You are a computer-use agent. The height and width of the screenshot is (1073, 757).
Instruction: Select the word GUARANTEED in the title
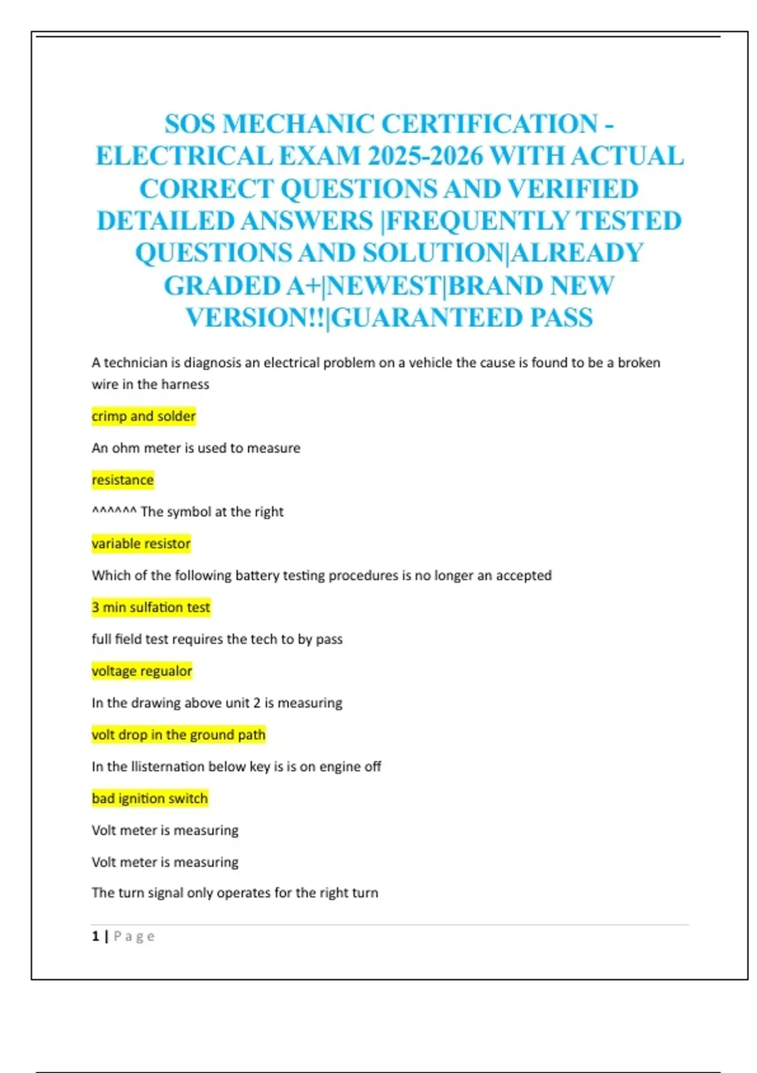point(428,317)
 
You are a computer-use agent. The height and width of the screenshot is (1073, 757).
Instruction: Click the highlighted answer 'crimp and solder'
point(144,417)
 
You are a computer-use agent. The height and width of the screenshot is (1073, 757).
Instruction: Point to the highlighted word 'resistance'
point(122,480)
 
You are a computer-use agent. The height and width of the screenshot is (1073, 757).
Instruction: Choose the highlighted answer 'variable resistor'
point(141,544)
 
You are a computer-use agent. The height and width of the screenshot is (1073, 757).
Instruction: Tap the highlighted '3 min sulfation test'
point(151,607)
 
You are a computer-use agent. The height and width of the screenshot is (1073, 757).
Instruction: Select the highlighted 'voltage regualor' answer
point(142,671)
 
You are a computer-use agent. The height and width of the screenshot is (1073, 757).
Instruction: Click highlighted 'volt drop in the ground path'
point(179,735)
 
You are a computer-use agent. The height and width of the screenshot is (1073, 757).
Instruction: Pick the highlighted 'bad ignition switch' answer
point(150,798)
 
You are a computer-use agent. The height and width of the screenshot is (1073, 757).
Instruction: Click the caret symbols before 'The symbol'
point(114,511)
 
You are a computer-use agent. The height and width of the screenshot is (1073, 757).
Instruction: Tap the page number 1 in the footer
point(95,936)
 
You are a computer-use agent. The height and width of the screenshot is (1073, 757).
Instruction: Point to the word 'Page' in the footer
point(134,937)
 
